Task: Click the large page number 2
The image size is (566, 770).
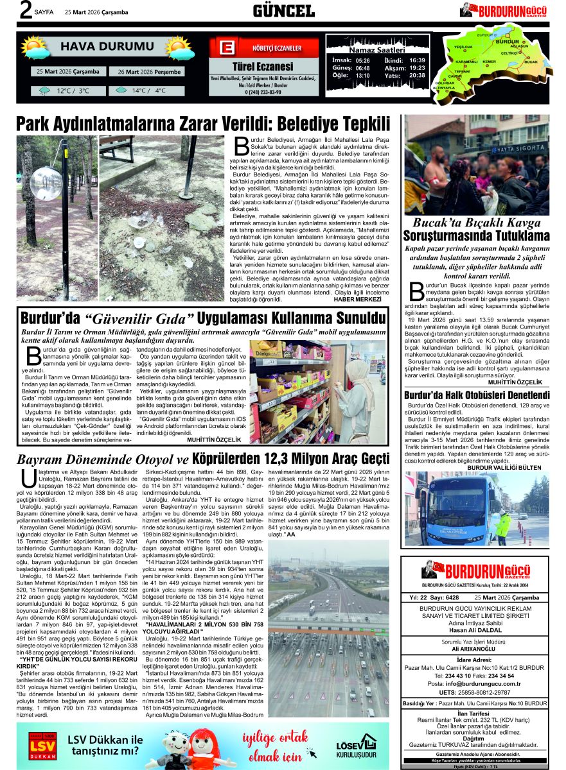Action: click(x=26, y=11)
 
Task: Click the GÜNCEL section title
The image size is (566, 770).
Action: click(x=283, y=10)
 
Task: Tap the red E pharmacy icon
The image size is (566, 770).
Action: click(x=226, y=49)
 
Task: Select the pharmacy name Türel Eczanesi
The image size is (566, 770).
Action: click(x=262, y=66)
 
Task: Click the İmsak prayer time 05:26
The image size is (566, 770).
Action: click(x=362, y=60)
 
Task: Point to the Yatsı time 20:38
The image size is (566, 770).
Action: click(x=417, y=76)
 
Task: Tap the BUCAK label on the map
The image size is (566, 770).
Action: click(x=531, y=62)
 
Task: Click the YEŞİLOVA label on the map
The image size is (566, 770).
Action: click(x=463, y=47)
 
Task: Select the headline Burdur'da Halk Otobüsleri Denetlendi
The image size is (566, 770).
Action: click(x=477, y=395)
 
